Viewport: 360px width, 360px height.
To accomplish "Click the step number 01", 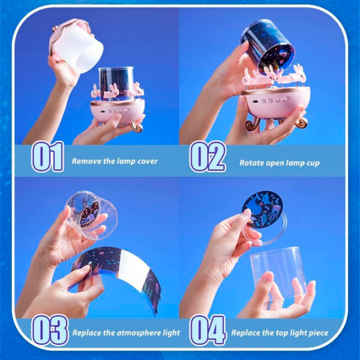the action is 48,157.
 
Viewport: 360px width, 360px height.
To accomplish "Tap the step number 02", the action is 208,157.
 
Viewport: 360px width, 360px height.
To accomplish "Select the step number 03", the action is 50,330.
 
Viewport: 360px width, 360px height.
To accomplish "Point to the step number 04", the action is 208,330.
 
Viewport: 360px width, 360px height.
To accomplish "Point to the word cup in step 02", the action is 313,164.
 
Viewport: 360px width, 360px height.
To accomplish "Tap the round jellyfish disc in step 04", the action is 262,209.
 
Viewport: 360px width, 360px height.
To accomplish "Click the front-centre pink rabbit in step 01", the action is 111,92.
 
